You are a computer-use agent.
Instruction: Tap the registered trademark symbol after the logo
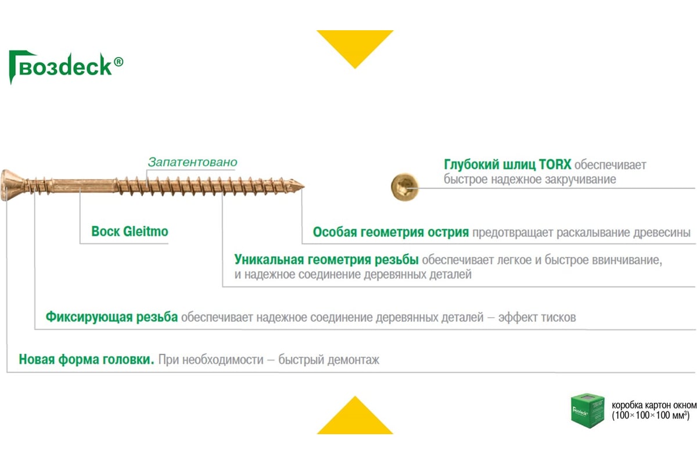click(x=118, y=62)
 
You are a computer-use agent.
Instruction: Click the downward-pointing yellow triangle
click(x=355, y=49)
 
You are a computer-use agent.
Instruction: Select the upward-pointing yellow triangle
click(x=355, y=415)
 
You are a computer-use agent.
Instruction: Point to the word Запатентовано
click(x=192, y=162)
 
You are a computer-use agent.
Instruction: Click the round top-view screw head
click(x=404, y=187)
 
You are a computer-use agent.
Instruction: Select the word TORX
click(x=555, y=164)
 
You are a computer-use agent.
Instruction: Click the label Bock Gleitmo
click(x=130, y=231)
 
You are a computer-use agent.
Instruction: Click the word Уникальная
click(x=269, y=260)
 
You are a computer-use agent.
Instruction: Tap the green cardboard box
click(x=587, y=410)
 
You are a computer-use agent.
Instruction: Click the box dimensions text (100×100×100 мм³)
click(x=651, y=416)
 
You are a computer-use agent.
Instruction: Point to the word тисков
click(x=559, y=317)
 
